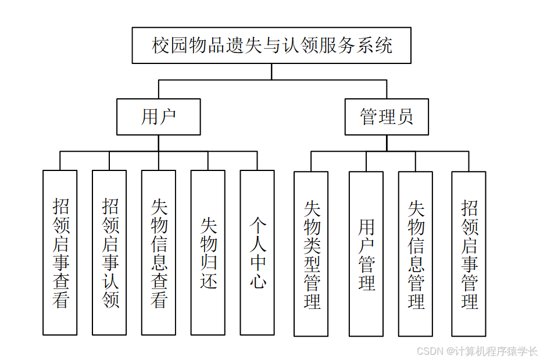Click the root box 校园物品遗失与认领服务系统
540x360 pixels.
pos(271,45)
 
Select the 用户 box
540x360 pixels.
pos(158,117)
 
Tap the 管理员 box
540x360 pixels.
pos(387,117)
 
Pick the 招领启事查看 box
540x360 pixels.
pos(60,252)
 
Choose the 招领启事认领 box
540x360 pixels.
pos(109,252)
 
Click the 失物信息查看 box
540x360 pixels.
pos(159,252)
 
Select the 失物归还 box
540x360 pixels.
pos(208,252)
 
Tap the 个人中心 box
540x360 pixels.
pos(258,252)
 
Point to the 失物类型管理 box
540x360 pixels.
pos(311,254)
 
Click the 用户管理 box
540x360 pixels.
pos(366,254)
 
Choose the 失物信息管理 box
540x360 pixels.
pos(416,254)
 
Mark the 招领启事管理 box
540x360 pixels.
pos(469,254)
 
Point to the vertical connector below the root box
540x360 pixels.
pos(271,72)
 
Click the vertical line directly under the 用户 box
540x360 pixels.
pos(159,143)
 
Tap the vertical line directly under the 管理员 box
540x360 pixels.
pos(386,143)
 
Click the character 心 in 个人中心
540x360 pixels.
pos(258,281)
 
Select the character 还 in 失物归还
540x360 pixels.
pos(208,281)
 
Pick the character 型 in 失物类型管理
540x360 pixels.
pos(312,264)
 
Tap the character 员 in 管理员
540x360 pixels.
pos(405,117)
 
